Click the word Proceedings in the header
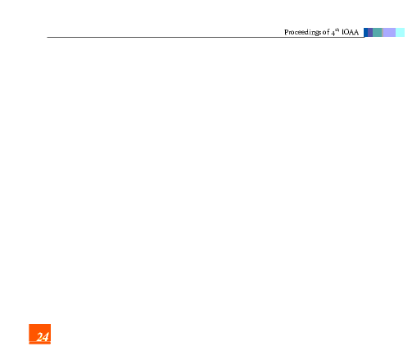coord(302,33)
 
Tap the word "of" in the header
coord(326,32)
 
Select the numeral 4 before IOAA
coord(333,33)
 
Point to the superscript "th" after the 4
coord(337,30)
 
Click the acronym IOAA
coord(350,32)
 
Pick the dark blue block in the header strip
coord(366,32)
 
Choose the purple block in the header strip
coord(370,32)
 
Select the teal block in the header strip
coord(377,32)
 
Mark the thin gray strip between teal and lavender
coord(383,32)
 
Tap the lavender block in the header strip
coord(389,32)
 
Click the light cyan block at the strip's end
coord(400,32)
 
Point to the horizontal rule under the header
coord(206,37)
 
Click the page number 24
coord(43,337)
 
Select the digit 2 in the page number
coord(40,337)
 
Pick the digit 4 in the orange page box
coord(46,337)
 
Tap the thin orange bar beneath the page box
coord(40,343)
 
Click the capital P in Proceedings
coord(287,32)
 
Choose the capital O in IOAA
coord(346,32)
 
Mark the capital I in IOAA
coord(342,32)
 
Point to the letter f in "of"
coord(328,32)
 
